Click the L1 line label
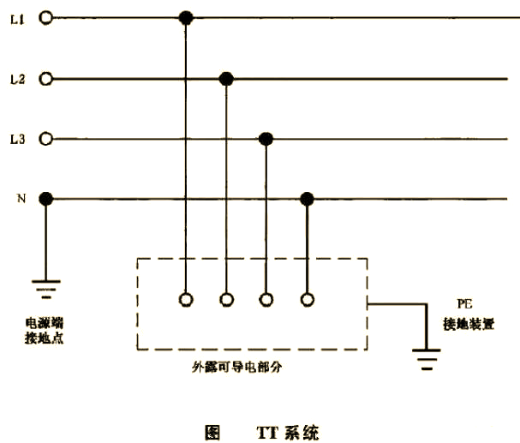[16, 17]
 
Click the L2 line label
[16, 79]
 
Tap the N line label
[20, 199]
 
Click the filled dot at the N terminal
[46, 199]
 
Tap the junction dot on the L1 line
[184, 17]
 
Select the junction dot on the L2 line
[226, 79]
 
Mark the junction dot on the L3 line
[266, 138]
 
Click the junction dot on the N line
[307, 199]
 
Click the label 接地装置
[468, 326]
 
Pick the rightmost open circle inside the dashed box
[307, 299]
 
